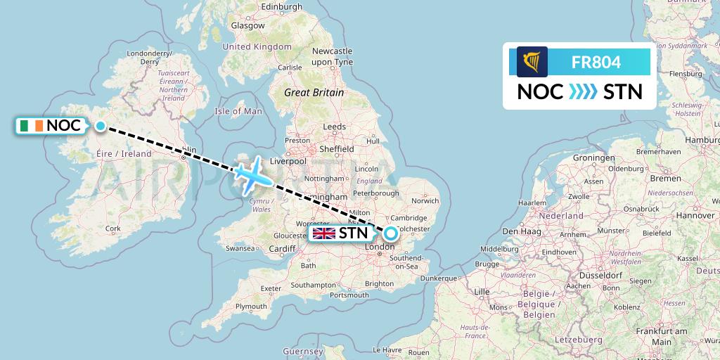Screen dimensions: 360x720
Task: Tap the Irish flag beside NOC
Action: point(32,126)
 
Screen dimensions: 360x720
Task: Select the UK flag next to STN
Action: point(324,233)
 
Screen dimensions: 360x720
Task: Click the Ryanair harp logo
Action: point(532,62)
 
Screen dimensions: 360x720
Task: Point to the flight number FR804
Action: point(596,62)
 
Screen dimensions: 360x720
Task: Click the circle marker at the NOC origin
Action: point(101,127)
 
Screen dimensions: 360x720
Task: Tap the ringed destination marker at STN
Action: point(390,233)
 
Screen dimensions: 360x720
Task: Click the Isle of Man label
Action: point(238,111)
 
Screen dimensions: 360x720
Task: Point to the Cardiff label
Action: point(283,248)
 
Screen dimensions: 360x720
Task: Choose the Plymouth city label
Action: point(251,307)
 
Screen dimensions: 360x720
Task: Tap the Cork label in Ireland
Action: point(112,229)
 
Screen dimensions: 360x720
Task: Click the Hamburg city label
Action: point(703,140)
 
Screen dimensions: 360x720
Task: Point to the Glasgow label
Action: point(248,25)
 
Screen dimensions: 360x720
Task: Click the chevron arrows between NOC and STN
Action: point(582,92)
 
